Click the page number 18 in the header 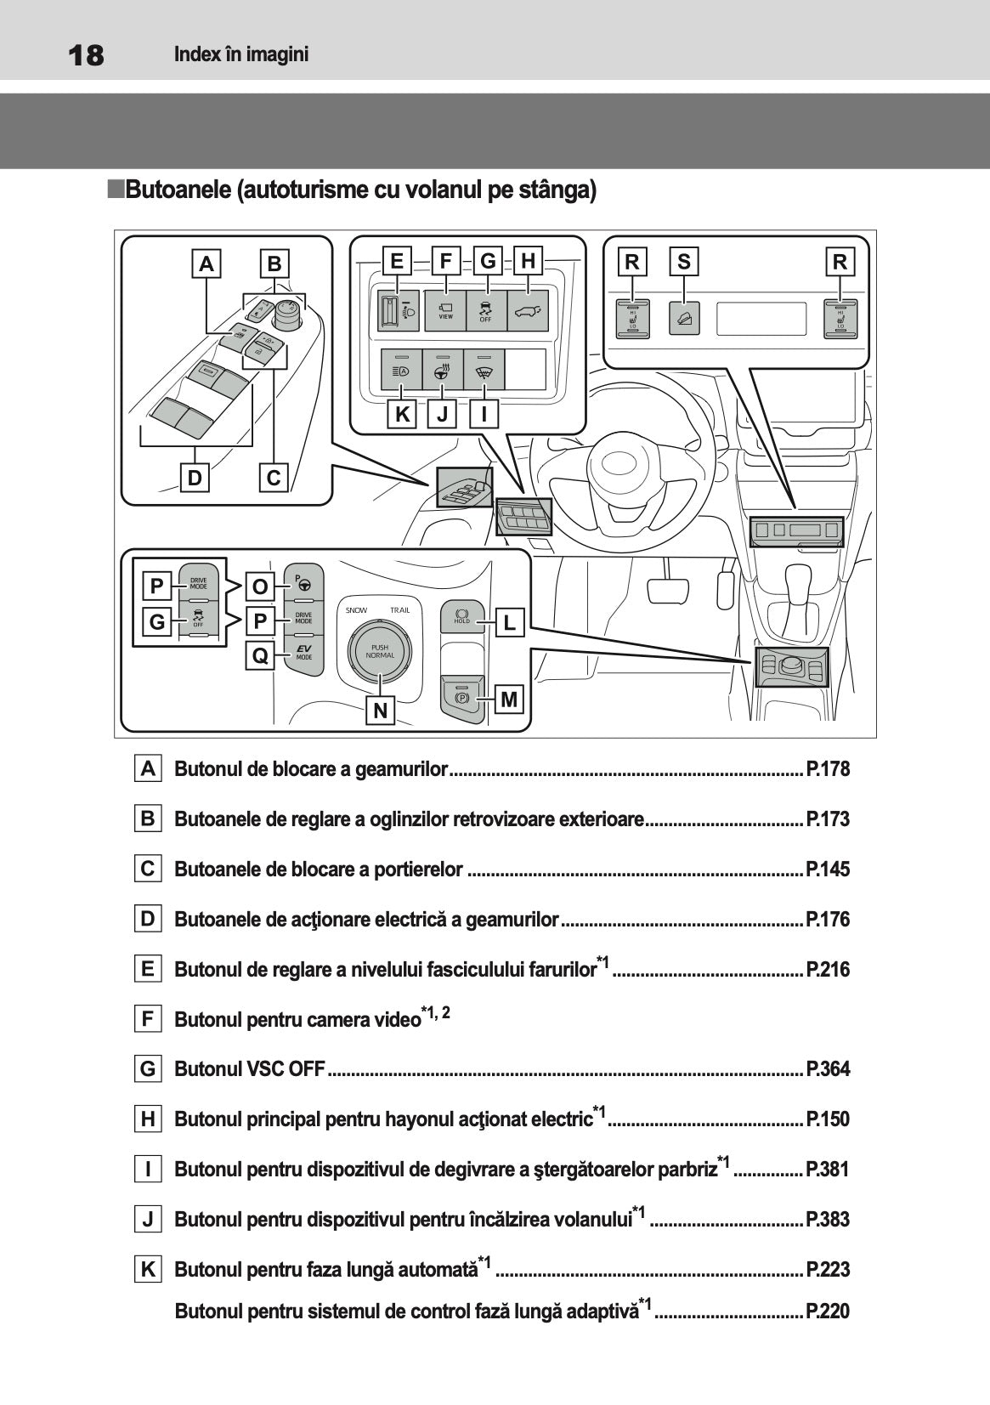tap(86, 55)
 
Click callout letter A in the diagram tap(206, 263)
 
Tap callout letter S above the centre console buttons tap(684, 262)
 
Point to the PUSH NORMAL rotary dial tap(379, 651)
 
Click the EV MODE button tap(303, 653)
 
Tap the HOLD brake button tap(462, 616)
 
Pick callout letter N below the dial tap(381, 710)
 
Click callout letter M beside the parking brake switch tap(509, 700)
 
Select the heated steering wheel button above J tap(443, 370)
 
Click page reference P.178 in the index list tap(827, 769)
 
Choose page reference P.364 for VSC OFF tap(827, 1069)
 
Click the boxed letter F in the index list tap(148, 1019)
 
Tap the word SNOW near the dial tap(357, 610)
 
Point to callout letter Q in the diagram tap(260, 656)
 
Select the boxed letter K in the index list tap(148, 1270)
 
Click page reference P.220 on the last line tap(827, 1311)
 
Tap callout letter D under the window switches tap(195, 478)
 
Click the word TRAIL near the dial tap(399, 610)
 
